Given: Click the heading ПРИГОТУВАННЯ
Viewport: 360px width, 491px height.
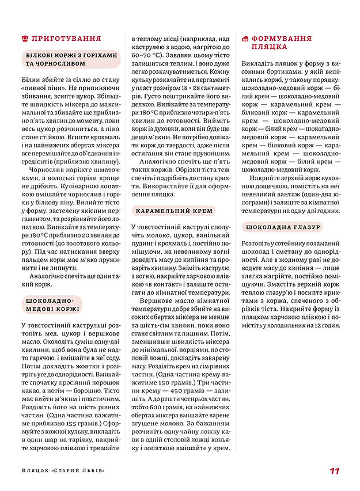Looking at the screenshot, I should point(66,39).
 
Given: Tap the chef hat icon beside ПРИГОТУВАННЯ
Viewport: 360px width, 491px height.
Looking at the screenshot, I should point(24,39).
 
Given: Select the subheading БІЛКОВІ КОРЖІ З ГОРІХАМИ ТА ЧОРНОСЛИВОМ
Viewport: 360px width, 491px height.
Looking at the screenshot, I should point(70,59).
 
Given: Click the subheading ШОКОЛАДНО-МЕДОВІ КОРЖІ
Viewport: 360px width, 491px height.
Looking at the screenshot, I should point(52,305).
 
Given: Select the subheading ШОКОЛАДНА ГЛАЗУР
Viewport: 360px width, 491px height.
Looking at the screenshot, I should point(282,227).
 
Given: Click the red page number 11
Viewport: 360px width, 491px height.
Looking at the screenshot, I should point(334,471).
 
